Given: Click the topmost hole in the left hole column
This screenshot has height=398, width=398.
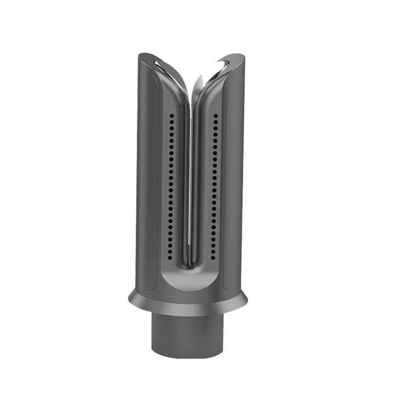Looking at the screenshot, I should click(x=172, y=115).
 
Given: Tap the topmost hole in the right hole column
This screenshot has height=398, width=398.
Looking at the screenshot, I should click(x=216, y=115).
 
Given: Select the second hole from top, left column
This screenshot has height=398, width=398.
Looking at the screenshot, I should click(x=172, y=120).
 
